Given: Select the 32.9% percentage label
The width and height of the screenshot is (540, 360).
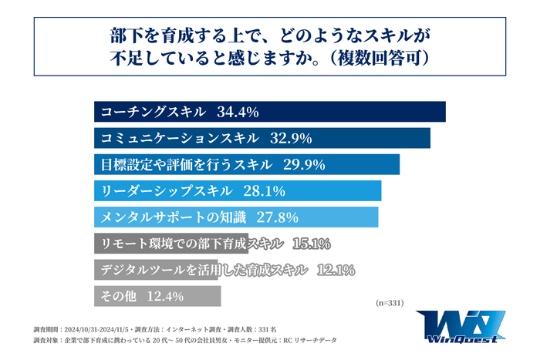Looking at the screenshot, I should (x=290, y=139).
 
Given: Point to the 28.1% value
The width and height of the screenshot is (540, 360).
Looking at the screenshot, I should (x=265, y=191).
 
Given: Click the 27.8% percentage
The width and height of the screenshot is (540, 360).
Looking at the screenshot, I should (x=277, y=217).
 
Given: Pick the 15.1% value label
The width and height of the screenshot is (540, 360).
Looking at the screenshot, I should (x=312, y=244).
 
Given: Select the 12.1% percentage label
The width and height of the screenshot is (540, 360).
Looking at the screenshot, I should (x=335, y=270).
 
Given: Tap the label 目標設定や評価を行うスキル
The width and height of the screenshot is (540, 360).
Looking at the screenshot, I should (x=186, y=165).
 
